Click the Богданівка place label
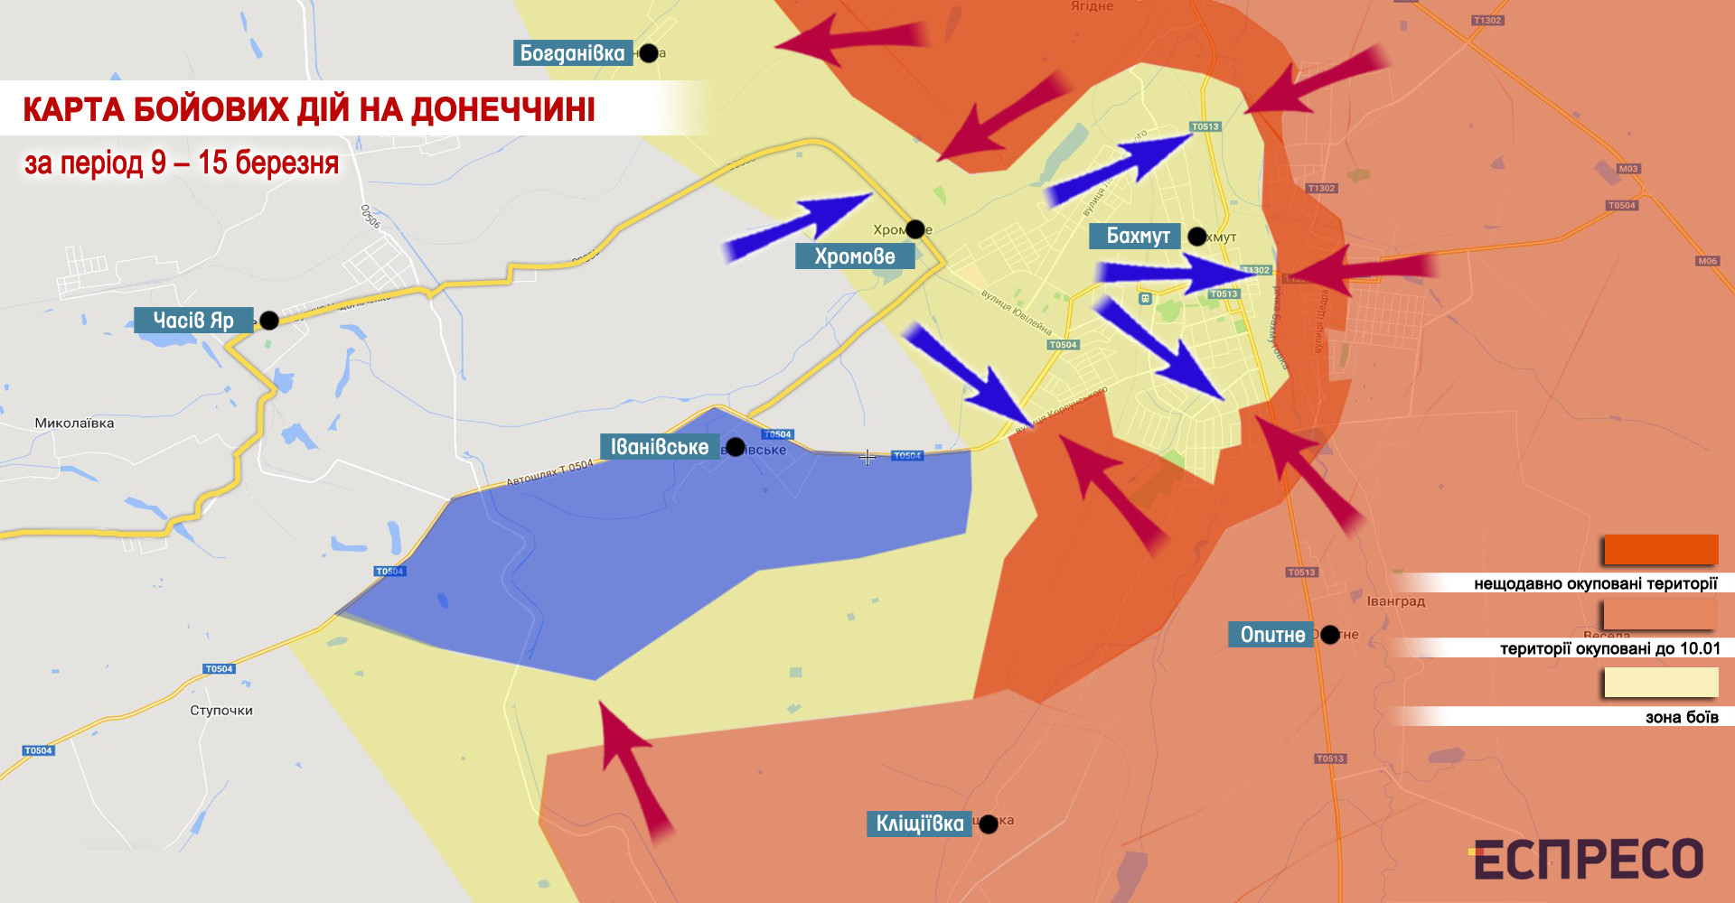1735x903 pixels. click(x=572, y=53)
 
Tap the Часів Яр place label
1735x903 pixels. click(x=193, y=321)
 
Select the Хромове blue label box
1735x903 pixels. click(x=854, y=256)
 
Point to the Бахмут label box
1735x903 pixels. click(x=1137, y=237)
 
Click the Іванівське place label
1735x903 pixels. click(x=659, y=447)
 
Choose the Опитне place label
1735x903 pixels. click(x=1271, y=635)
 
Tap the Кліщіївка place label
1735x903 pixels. click(x=919, y=824)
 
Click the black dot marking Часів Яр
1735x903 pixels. click(x=269, y=321)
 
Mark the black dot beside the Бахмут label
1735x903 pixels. click(x=1197, y=237)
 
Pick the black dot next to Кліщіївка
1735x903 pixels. click(x=989, y=824)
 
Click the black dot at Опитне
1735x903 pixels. click(x=1330, y=635)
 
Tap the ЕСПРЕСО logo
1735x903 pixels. click(x=1588, y=859)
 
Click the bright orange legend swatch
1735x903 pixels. click(x=1660, y=550)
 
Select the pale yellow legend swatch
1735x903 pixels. click(x=1660, y=683)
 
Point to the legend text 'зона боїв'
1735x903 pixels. click(x=1681, y=718)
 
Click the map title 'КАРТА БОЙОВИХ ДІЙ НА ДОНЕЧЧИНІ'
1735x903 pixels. click(x=309, y=110)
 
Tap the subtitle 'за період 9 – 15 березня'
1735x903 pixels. click(x=182, y=163)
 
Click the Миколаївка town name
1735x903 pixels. click(x=74, y=423)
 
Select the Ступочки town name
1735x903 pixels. click(x=221, y=711)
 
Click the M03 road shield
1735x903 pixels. click(x=1628, y=169)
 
